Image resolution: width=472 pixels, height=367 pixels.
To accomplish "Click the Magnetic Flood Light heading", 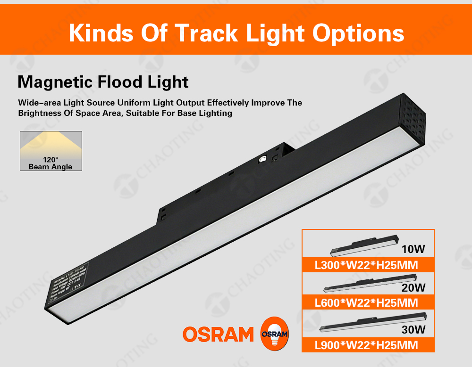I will pyautogui.click(x=103, y=82).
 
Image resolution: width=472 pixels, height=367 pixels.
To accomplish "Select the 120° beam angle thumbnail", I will pyautogui.click(x=51, y=151).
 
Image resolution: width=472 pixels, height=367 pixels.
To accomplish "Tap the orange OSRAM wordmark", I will pyautogui.click(x=218, y=334).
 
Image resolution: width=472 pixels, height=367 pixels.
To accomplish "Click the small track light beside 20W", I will pyautogui.click(x=368, y=282).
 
